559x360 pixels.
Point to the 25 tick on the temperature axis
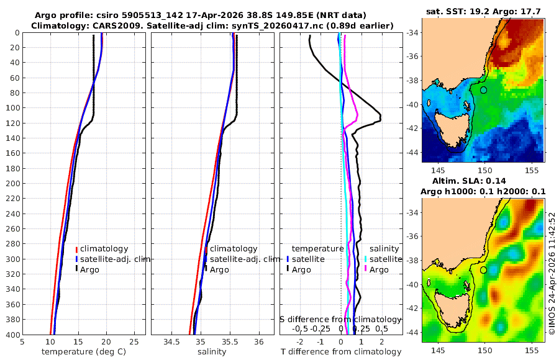click(134, 341)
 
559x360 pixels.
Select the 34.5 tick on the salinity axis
click(171, 341)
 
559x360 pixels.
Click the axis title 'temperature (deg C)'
click(84, 352)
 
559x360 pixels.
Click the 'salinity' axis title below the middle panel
click(212, 352)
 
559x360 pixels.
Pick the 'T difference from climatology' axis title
click(341, 352)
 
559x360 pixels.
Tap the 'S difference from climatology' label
click(340, 319)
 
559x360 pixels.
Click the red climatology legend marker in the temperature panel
click(76, 249)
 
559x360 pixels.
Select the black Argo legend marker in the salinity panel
click(206, 269)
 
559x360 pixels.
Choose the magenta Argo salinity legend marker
click(365, 269)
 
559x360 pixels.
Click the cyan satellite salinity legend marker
click(365, 259)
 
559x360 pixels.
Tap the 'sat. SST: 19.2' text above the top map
click(458, 11)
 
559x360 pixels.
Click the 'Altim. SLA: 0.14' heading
click(469, 181)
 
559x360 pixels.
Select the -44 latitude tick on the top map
click(413, 152)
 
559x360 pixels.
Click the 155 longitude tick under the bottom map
click(532, 350)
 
